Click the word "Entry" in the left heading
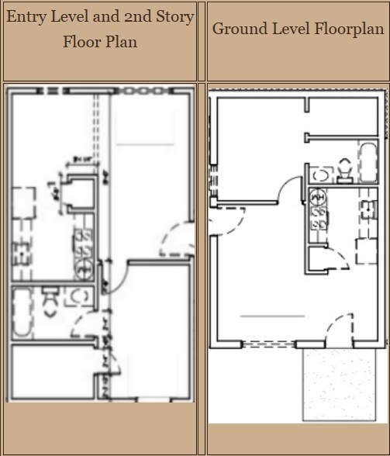click(28, 17)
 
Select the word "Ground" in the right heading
click(237, 29)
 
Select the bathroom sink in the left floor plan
click(78, 295)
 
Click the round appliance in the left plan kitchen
click(86, 269)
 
